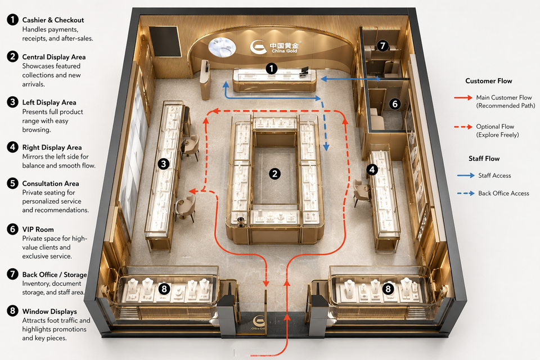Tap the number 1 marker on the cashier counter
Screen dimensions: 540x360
click(x=271, y=68)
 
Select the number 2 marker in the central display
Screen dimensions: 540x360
click(x=274, y=174)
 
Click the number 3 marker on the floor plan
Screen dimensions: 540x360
click(x=163, y=164)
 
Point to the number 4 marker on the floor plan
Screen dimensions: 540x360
click(x=372, y=169)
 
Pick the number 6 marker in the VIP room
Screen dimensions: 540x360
click(x=395, y=103)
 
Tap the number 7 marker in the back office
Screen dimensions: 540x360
click(x=382, y=46)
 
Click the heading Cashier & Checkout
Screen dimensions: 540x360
click(x=53, y=20)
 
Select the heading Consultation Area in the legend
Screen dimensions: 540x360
click(x=51, y=183)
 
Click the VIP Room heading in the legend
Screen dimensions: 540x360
click(x=38, y=229)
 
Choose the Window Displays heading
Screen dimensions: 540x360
click(x=49, y=312)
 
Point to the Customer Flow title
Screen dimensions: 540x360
click(x=488, y=81)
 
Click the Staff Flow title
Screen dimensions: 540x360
click(x=484, y=159)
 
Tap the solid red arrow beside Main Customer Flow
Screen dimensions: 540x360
click(x=463, y=97)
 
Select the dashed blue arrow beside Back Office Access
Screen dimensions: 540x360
click(x=466, y=193)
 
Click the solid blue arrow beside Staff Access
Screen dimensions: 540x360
click(x=466, y=175)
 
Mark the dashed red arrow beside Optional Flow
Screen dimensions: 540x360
click(x=463, y=127)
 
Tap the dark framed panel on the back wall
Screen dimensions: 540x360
click(x=165, y=41)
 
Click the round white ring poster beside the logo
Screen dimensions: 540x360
click(x=222, y=47)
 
